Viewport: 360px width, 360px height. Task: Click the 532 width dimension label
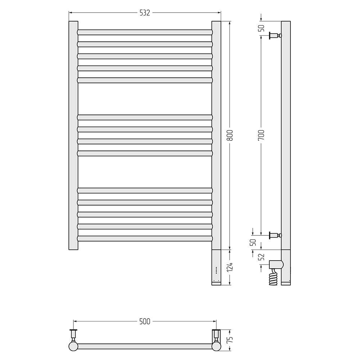coord(145,13)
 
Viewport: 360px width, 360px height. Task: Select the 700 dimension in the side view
coord(261,135)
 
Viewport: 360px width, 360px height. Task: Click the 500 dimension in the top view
coord(145,321)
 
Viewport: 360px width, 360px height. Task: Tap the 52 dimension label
coord(261,257)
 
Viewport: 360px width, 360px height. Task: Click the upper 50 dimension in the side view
coord(261,28)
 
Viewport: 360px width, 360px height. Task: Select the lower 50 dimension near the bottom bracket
coord(253,242)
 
